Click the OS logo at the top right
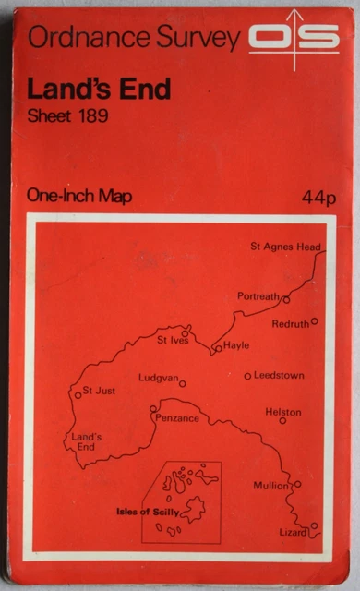294,37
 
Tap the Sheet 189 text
68,116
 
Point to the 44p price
318,197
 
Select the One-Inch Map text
79,196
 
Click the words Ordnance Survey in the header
135,38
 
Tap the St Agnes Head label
285,247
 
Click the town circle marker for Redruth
315,321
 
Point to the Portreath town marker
287,300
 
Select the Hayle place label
237,346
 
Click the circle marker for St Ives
186,333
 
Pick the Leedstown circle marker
247,376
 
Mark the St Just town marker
78,394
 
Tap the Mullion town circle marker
297,484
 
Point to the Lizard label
293,533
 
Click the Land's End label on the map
85,440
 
